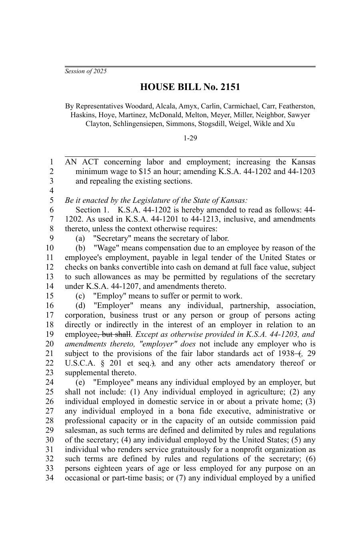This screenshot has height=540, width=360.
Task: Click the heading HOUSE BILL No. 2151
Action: (x=190, y=87)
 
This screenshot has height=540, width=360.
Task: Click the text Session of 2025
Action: (x=86, y=71)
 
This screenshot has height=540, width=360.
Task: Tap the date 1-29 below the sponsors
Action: (x=190, y=138)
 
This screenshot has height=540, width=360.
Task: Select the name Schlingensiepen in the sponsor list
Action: (x=138, y=124)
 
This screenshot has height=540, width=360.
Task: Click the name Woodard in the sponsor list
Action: (x=140, y=106)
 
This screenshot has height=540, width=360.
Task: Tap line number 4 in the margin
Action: (x=51, y=190)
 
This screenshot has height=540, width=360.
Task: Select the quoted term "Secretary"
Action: (x=110, y=238)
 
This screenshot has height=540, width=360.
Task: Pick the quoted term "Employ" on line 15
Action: (x=107, y=296)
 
